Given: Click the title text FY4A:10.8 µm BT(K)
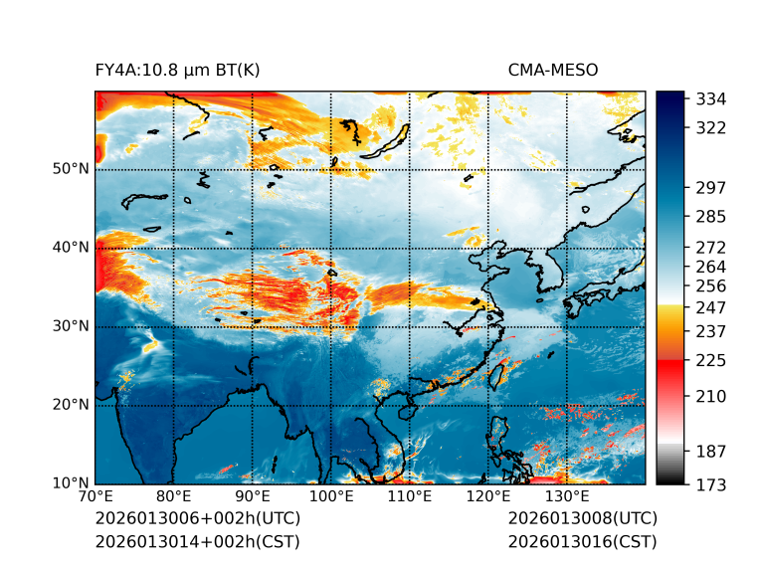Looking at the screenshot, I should (178, 70).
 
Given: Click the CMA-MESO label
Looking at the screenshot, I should (553, 70).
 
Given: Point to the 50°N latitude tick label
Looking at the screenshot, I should (72, 169).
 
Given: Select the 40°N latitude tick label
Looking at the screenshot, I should (72, 248).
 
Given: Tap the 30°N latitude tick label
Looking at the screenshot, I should (72, 326).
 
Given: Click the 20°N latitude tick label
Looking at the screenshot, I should (72, 405).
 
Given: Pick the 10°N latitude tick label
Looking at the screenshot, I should (72, 483).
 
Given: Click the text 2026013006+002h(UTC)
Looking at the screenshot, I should (197, 519).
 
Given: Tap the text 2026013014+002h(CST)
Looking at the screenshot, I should (197, 542).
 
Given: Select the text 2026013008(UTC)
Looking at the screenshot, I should (582, 519).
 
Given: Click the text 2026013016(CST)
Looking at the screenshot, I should (582, 542).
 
